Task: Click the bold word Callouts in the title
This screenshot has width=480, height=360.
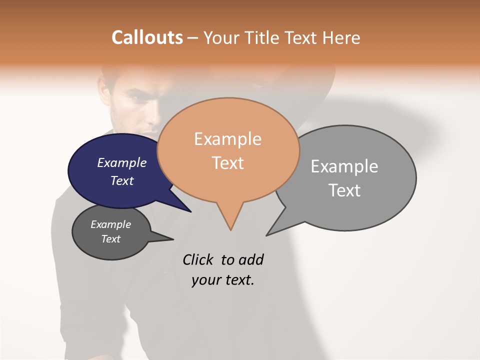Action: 147,37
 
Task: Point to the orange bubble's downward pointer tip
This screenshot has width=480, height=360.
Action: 230,229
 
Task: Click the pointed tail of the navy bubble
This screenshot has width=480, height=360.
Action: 190,211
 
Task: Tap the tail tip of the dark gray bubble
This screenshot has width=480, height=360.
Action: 172,239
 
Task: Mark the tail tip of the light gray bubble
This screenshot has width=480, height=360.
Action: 267,234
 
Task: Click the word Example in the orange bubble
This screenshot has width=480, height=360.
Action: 227,139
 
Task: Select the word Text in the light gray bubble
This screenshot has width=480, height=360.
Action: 344,190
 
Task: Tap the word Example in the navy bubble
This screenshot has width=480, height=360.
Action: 122,162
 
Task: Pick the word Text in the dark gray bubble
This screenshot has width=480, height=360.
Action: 111,239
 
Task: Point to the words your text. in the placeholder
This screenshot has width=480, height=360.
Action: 223,280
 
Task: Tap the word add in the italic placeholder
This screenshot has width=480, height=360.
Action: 251,259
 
